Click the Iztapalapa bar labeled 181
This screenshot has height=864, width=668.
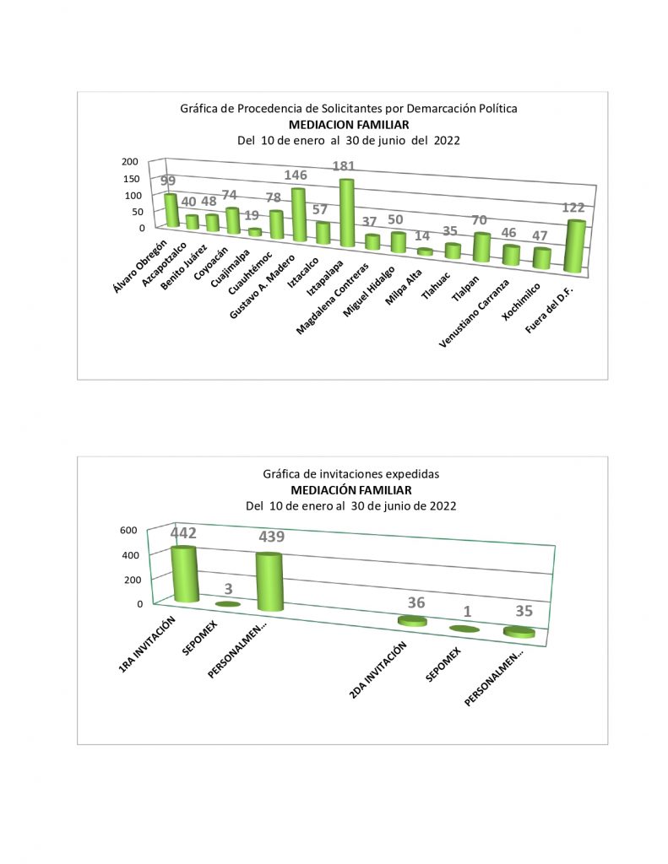(x=346, y=213)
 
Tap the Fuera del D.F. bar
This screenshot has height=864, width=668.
(x=573, y=246)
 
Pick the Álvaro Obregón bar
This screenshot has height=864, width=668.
(x=171, y=210)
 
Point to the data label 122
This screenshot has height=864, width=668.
(x=573, y=208)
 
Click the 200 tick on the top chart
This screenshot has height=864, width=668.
(x=129, y=162)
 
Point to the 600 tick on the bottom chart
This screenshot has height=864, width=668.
(x=128, y=531)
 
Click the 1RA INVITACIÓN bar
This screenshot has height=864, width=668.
(x=184, y=574)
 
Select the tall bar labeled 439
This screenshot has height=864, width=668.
(x=269, y=581)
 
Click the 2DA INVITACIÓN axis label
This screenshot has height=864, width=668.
(x=377, y=670)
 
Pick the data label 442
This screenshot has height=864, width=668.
(x=183, y=533)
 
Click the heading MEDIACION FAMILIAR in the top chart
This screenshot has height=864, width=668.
(x=348, y=125)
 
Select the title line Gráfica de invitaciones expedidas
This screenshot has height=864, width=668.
(x=350, y=474)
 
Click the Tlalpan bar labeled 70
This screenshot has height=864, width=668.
(x=482, y=247)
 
